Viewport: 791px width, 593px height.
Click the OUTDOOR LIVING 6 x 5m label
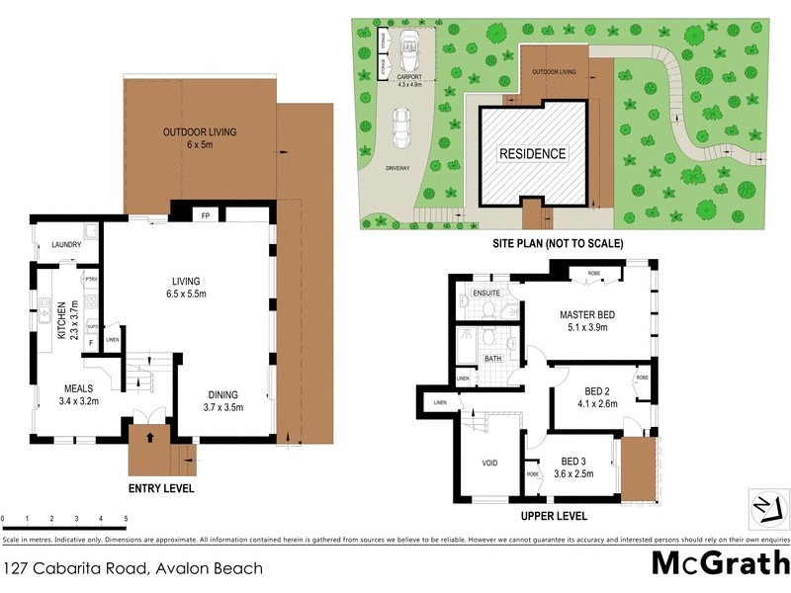pos(200,138)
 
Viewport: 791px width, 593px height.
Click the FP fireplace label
pos(207,214)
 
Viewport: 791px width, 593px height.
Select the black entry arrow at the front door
pos(150,435)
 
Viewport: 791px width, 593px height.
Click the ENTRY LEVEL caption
pos(161,488)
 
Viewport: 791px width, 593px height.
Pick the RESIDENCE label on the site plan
pos(532,154)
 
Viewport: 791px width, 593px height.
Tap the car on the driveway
pos(403,127)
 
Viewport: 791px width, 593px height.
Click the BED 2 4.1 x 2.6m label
pos(594,396)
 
